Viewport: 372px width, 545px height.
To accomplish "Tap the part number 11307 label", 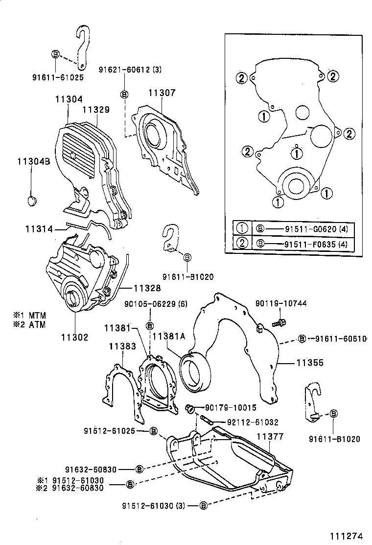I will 162,93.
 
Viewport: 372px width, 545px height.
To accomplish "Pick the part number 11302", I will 75,337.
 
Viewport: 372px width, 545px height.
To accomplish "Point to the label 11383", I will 122,347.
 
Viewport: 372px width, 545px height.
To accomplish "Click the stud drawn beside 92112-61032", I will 206,420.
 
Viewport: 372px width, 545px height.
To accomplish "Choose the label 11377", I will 270,436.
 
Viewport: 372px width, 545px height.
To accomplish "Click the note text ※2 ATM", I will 30,325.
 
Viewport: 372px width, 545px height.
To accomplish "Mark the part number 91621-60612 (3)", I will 131,70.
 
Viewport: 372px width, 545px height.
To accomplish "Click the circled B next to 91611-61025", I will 55,53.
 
